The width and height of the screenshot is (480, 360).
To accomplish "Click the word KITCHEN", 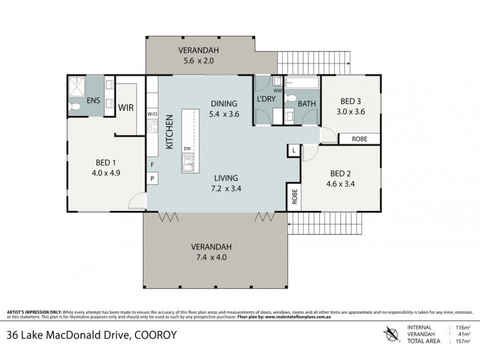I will [170, 131].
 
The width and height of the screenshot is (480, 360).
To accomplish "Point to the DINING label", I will [223, 103].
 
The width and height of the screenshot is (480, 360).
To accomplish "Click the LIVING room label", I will [225, 178].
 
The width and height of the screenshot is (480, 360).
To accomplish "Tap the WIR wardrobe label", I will [126, 109].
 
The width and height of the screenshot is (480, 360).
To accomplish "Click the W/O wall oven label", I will [152, 113].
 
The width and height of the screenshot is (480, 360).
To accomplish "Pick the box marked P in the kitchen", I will [152, 178].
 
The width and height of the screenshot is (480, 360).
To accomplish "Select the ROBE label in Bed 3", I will [359, 139].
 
